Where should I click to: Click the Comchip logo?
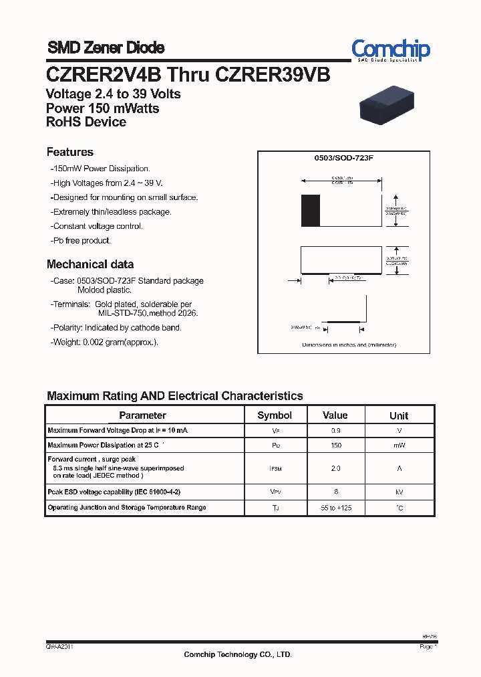point(391,50)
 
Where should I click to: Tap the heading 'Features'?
point(70,152)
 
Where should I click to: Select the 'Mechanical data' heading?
point(90,264)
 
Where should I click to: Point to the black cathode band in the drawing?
point(307,210)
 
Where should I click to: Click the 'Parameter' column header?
point(142,415)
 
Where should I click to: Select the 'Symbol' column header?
point(275,415)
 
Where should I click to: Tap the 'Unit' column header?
point(399,415)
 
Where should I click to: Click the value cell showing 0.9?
point(336,430)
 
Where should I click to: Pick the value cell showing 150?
point(336,446)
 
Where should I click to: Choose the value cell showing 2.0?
point(336,469)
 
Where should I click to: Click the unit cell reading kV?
point(399,492)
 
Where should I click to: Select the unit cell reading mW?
point(399,446)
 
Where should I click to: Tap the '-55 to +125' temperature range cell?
point(336,508)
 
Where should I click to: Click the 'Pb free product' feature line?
point(81,240)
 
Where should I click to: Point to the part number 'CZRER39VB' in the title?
point(273,74)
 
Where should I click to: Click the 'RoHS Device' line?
point(86,122)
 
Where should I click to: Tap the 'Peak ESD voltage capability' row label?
point(114,492)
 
